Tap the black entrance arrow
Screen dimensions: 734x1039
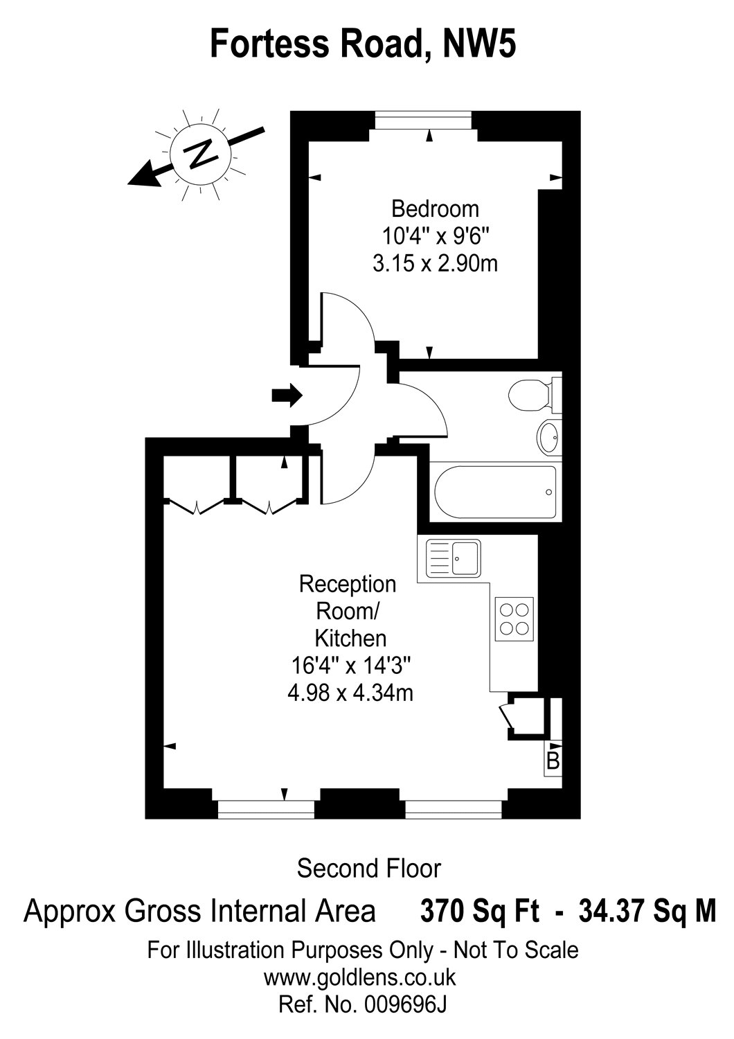(287, 396)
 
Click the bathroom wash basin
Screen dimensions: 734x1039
(549, 436)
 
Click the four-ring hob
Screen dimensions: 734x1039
(514, 619)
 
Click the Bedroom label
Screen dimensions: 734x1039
(435, 209)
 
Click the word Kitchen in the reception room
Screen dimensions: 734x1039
(350, 639)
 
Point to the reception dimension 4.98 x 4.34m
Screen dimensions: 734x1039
(350, 694)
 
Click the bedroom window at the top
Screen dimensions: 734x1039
(423, 120)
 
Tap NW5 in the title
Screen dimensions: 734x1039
(479, 44)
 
